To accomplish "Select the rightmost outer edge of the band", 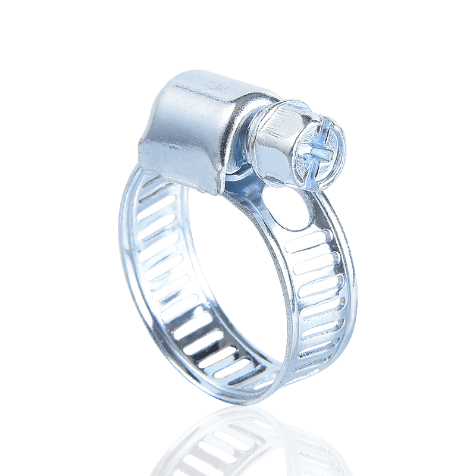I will click(351, 286).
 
